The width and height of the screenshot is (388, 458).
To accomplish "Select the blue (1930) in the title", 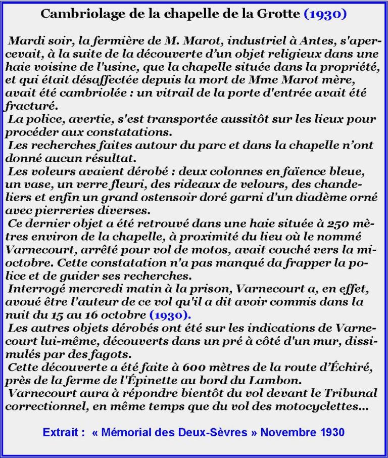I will (325, 14).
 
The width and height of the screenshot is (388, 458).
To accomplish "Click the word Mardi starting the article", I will (24, 40).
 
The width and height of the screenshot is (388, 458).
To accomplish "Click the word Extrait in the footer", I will (62, 432).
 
